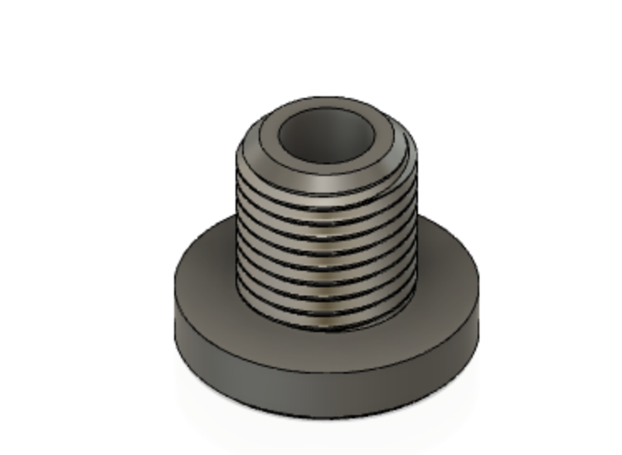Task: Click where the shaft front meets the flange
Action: pos(327,328)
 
